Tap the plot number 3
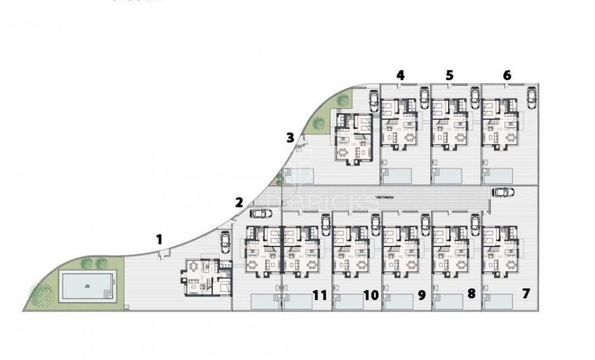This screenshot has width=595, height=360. (x=290, y=138)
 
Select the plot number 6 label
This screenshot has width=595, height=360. (x=506, y=75)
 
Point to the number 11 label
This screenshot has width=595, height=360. (x=320, y=294)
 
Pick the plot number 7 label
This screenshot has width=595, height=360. (x=526, y=293)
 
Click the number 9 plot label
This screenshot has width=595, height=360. (x=421, y=294)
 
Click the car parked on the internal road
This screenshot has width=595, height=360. (x=503, y=192)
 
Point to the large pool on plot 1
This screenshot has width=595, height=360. (x=87, y=286)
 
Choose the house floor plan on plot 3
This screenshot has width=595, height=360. (x=354, y=137)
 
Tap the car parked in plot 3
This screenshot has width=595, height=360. (x=373, y=102)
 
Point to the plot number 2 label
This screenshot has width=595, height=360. (x=239, y=202)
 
